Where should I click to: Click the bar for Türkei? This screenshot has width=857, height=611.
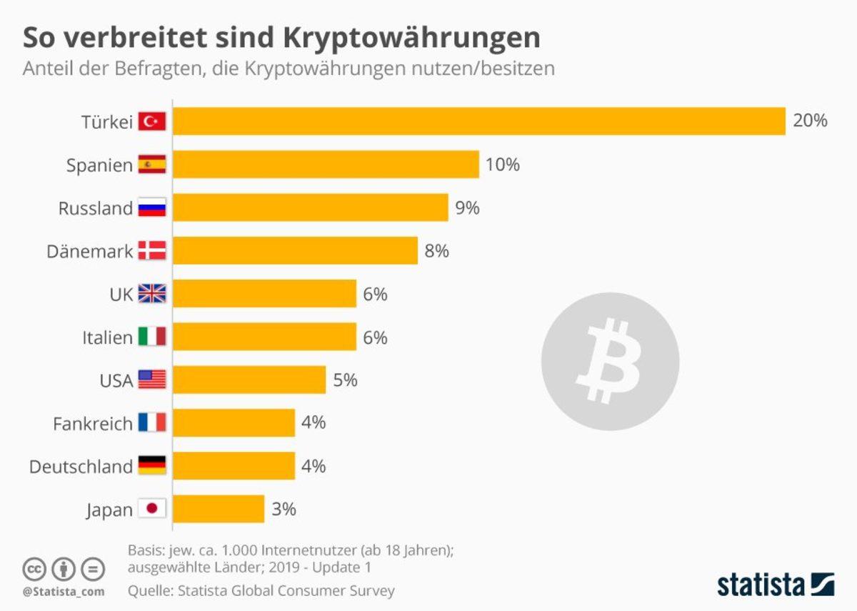[478, 121]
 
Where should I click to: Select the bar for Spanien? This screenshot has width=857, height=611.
[326, 164]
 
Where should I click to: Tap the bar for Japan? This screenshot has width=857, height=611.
[219, 509]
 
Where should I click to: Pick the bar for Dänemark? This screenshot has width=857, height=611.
[295, 251]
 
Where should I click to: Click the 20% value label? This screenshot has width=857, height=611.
[810, 121]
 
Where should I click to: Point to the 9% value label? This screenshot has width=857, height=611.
[468, 208]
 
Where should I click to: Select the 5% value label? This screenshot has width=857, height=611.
[345, 380]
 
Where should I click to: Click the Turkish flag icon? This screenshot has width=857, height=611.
[151, 121]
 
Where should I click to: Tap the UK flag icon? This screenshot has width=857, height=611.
[151, 294]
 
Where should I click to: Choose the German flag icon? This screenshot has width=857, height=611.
[151, 466]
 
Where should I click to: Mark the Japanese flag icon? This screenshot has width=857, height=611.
[151, 509]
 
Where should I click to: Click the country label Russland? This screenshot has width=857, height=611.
[95, 209]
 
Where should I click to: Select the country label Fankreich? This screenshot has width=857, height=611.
[93, 424]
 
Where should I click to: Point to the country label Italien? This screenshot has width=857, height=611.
[107, 337]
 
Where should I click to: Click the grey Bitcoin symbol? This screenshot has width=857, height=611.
[610, 361]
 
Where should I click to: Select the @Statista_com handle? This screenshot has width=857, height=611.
[64, 592]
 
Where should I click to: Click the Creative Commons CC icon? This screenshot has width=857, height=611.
[34, 569]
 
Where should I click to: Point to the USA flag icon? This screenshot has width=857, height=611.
[151, 379]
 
